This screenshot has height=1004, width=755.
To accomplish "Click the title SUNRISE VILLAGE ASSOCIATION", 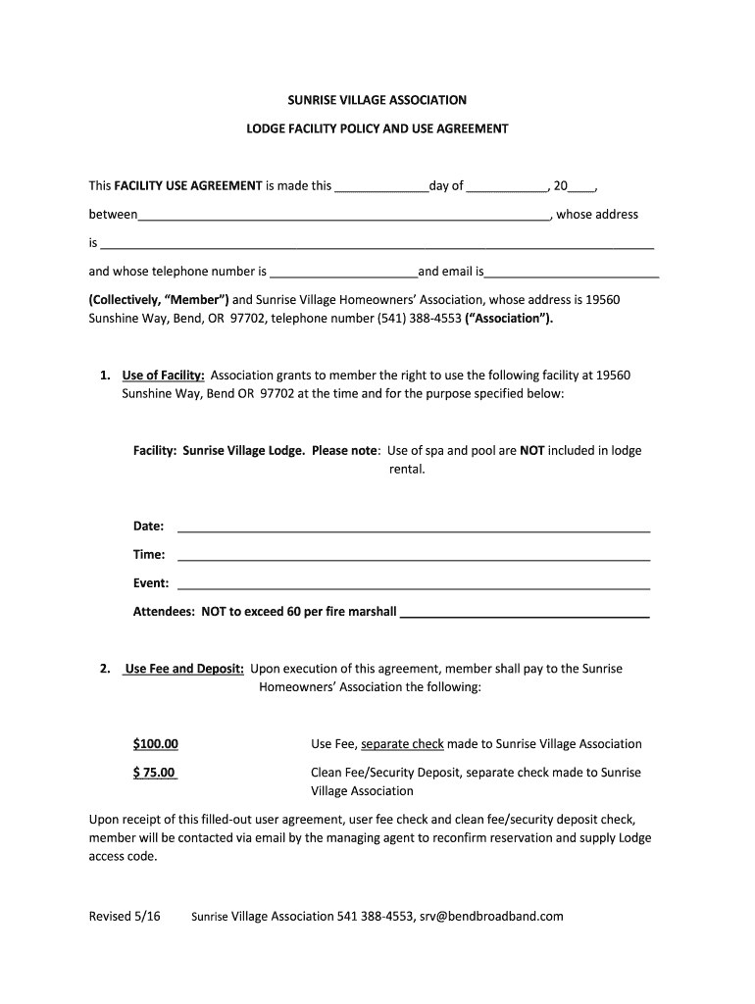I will [377, 100].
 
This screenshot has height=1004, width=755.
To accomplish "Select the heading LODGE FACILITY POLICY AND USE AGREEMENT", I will [377, 128].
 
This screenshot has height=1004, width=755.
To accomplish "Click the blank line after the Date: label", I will [413, 529].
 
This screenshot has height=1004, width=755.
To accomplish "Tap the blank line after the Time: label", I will [413, 558].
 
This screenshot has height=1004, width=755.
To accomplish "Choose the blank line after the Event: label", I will [413, 586].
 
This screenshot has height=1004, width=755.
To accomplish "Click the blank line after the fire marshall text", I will [526, 616].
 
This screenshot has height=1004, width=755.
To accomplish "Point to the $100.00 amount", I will [156, 744].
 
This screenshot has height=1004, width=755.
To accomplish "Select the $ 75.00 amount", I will [155, 773].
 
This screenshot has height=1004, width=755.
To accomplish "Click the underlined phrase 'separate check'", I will [402, 744].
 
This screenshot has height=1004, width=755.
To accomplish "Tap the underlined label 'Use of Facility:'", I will [163, 376].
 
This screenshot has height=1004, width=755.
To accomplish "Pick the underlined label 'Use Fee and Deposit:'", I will [184, 669].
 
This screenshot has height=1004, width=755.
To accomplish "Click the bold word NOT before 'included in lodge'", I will [532, 451].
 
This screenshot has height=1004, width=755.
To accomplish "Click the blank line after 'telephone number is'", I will [343, 276].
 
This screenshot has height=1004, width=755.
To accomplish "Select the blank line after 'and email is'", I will [573, 276].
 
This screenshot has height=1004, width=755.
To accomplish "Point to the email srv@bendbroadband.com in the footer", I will [491, 917].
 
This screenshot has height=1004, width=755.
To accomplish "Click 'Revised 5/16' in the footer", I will [125, 917].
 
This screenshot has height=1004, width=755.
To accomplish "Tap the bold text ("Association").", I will [509, 319].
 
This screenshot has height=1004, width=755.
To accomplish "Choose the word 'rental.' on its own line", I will [408, 470].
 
